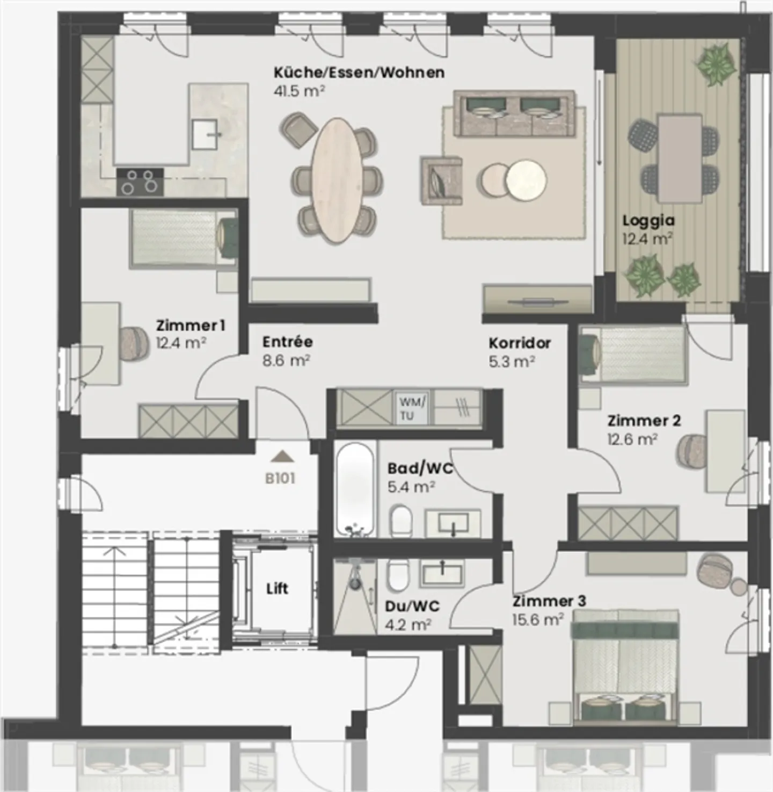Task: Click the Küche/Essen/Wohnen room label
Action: coord(359,73)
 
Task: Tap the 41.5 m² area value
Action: coord(299,91)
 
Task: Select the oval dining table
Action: coord(336,180)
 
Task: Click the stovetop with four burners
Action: coord(140,182)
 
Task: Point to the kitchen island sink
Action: coord(206,134)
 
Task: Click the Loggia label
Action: coord(648,221)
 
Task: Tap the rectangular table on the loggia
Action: coord(680,159)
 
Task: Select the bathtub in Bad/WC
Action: coord(355,489)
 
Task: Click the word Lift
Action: coord(278,588)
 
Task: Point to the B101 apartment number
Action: coord(280,479)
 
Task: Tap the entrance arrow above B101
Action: coord(282,457)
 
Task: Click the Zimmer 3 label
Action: coord(549,601)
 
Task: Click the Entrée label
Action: coord(288,342)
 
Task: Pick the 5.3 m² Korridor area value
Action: coord(512,361)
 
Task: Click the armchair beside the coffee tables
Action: coord(442,181)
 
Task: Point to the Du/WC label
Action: coord(412,607)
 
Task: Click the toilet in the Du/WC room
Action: coord(397,574)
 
